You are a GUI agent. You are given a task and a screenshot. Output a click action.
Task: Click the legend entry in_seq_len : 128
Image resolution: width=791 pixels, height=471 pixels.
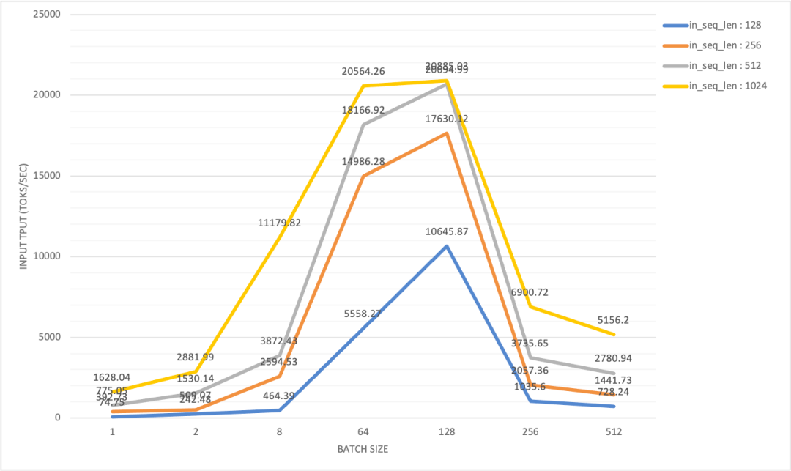pos(725,25)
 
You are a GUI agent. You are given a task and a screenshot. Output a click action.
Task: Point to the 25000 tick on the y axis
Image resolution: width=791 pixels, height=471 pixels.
pos(45,14)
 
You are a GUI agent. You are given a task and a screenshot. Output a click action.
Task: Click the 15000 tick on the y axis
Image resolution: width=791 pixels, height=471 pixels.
pos(45,176)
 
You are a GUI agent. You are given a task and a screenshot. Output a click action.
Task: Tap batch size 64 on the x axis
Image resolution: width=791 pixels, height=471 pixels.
pos(363,432)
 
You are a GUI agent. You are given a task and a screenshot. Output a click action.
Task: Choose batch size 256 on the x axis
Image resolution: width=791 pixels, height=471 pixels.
pos(530,432)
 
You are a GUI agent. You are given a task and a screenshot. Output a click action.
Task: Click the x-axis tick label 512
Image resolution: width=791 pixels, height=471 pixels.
pos(614,432)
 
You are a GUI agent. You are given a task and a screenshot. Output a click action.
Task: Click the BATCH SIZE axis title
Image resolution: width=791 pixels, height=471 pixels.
pos(363,449)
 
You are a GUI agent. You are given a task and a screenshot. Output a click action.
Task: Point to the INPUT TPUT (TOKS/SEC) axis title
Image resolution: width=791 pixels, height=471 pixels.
pos(24,215)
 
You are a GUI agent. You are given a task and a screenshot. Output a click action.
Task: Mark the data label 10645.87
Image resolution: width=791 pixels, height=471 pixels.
pos(446,232)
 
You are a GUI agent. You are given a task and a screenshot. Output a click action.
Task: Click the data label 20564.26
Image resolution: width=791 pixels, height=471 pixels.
pos(363,71)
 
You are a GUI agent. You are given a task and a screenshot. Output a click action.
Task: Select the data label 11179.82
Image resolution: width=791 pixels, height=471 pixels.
pos(280,223)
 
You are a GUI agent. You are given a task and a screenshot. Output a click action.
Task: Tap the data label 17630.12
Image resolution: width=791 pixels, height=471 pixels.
pos(446,119)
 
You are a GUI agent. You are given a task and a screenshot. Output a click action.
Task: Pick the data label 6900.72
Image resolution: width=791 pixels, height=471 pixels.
pos(531,292)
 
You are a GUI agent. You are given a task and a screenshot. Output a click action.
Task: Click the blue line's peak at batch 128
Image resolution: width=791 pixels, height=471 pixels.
pos(447,246)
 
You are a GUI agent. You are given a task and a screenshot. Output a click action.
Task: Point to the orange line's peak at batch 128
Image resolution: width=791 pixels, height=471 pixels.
pos(447,133)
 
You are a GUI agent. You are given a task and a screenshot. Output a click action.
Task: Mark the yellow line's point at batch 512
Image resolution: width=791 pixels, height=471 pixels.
pos(614,335)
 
